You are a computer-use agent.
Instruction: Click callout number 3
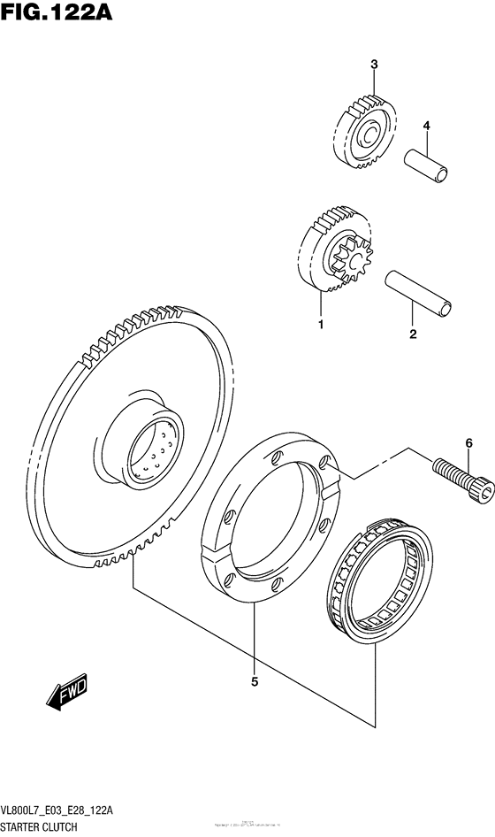(374, 64)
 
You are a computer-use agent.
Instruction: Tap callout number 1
(321, 325)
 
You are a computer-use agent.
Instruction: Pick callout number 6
(469, 442)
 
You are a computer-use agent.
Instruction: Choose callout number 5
(255, 681)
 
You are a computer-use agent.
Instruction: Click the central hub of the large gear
(145, 447)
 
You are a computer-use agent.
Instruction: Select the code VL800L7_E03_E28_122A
(67, 811)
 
